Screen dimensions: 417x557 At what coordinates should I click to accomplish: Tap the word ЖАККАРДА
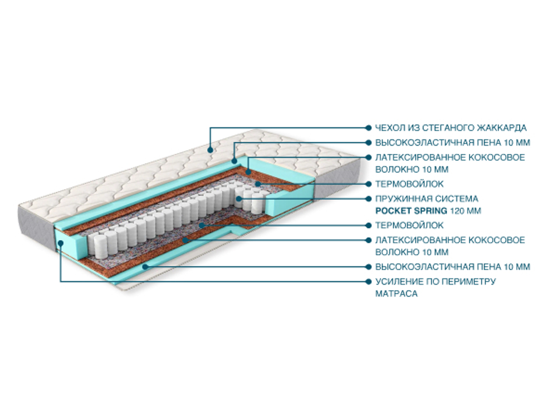point(500,128)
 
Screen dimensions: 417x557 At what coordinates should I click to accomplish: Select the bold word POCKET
point(393,211)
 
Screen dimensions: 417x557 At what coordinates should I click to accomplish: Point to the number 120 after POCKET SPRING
point(457,211)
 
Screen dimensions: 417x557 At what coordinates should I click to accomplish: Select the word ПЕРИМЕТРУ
point(467,281)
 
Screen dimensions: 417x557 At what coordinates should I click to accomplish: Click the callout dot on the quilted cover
point(210,149)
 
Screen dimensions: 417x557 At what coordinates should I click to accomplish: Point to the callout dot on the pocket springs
point(238,198)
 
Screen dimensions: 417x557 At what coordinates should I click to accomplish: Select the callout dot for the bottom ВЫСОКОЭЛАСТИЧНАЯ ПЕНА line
point(146,266)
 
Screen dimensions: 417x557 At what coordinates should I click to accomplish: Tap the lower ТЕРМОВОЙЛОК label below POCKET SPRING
point(409,225)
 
